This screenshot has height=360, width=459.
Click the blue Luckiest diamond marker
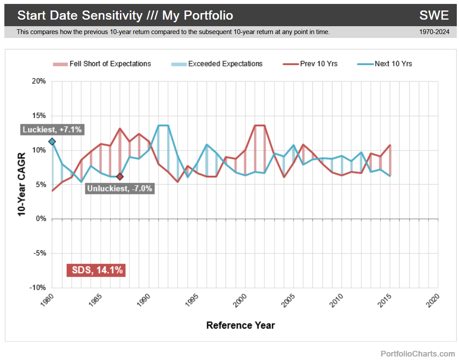click(52, 141)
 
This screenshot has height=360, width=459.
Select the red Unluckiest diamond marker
click(120, 176)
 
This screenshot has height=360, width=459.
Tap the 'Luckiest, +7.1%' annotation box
click(52, 130)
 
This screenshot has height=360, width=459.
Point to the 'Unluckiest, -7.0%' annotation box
click(120, 189)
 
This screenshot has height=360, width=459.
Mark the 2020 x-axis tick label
click(432, 301)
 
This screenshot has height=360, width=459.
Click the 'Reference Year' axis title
click(240, 326)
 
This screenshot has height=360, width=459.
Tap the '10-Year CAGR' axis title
click(21, 185)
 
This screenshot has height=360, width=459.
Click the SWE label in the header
click(434, 15)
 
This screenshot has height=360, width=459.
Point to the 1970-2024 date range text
click(434, 32)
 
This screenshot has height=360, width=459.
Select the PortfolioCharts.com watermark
click(418, 353)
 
